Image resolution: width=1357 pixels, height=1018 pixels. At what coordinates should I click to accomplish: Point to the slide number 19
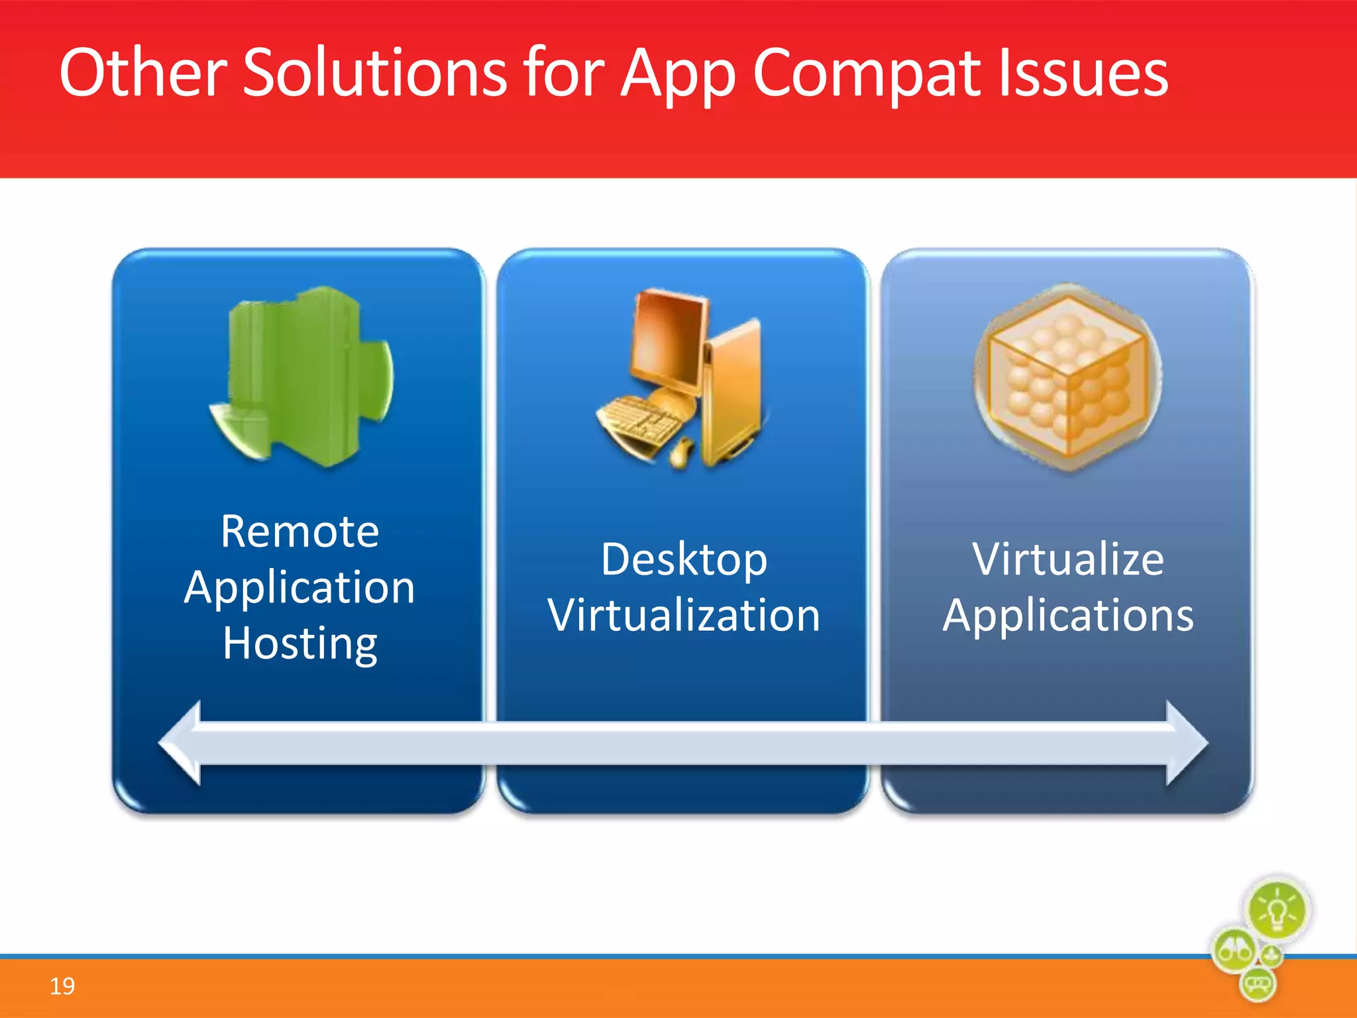coord(62,986)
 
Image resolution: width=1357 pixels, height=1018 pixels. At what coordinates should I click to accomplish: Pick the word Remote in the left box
coord(299,532)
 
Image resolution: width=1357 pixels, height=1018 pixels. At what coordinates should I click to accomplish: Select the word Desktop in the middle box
coord(684,560)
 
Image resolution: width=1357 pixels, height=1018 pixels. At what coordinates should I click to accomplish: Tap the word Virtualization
coord(684,615)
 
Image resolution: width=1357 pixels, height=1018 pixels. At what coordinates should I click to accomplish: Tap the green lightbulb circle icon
coord(1277,911)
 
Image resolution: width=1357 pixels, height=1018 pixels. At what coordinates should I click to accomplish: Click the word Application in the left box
coord(299,589)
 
